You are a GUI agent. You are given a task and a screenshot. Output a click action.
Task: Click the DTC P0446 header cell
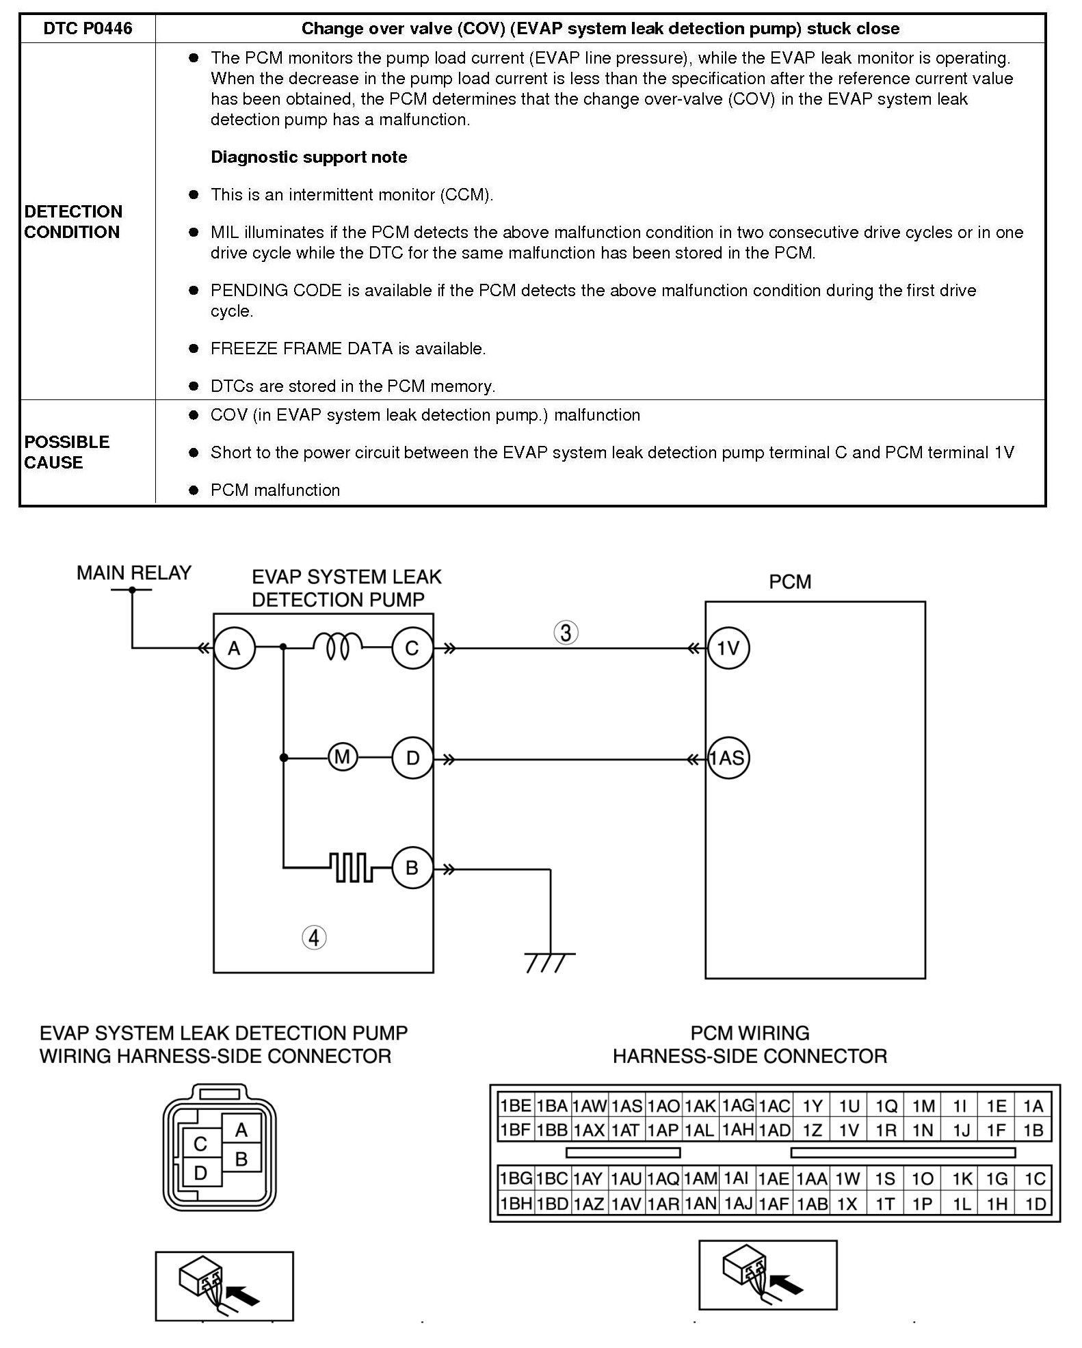tap(88, 29)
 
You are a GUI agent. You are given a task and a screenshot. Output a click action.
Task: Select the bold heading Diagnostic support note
tap(308, 157)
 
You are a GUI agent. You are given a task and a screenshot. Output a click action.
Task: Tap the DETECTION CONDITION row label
tap(73, 222)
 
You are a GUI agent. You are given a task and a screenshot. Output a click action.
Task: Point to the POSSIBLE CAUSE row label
tap(66, 452)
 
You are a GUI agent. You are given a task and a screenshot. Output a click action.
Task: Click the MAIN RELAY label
tap(133, 573)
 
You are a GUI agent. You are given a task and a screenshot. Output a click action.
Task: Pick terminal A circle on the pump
tap(235, 648)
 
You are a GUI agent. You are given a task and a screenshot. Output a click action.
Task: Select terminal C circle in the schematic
tap(412, 648)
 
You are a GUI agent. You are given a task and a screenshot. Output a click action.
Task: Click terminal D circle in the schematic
tap(412, 758)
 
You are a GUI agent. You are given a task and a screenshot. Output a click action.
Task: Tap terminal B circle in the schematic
tap(412, 868)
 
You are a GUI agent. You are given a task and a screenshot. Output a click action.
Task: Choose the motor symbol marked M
tap(342, 758)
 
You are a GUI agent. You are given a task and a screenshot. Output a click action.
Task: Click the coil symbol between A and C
tap(337, 646)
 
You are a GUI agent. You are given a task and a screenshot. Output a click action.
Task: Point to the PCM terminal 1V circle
tap(728, 648)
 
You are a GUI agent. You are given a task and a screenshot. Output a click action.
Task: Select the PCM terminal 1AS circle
tap(728, 758)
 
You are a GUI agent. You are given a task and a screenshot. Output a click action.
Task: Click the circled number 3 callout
tap(566, 633)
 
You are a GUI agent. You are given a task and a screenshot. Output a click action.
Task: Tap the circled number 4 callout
tap(314, 938)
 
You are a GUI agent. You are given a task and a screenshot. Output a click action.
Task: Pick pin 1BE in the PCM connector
tap(515, 1107)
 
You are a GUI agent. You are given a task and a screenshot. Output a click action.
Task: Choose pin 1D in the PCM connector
tap(1035, 1204)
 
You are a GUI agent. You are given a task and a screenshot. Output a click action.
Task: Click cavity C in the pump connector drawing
tap(200, 1144)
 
